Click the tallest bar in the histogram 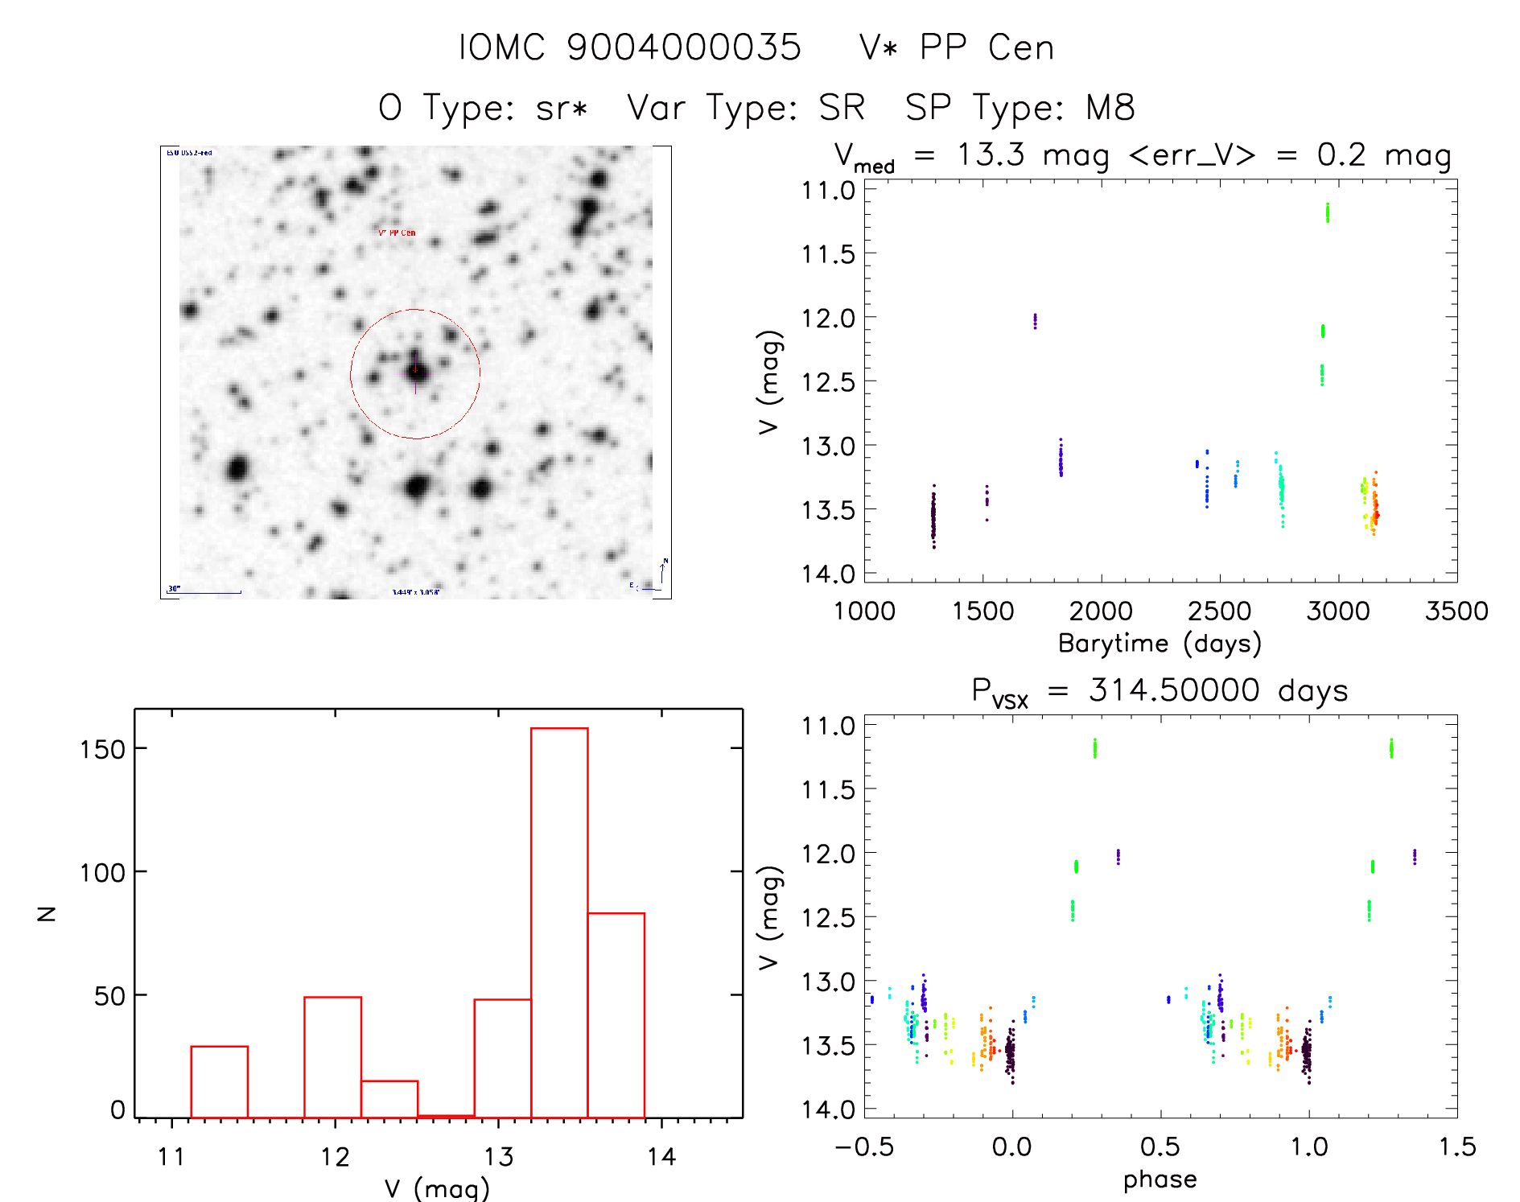pyautogui.click(x=559, y=922)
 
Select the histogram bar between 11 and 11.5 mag pyautogui.click(x=219, y=1081)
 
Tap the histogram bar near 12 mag pyautogui.click(x=332, y=1056)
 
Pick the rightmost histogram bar pyautogui.click(x=616, y=1015)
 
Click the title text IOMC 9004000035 pyautogui.click(x=629, y=47)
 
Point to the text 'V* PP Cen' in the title pyautogui.click(x=956, y=47)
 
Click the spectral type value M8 pyautogui.click(x=1110, y=108)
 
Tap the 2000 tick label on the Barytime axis pyautogui.click(x=1101, y=611)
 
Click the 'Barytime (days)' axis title pyautogui.click(x=1160, y=644)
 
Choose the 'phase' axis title pyautogui.click(x=1160, y=1179)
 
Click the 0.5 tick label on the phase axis pyautogui.click(x=1160, y=1146)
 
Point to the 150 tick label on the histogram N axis pyautogui.click(x=104, y=749)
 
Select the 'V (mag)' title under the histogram pyautogui.click(x=437, y=1188)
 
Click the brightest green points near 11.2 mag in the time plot pyautogui.click(x=1327, y=212)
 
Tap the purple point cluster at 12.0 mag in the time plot pyautogui.click(x=1035, y=321)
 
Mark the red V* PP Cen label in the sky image pyautogui.click(x=397, y=233)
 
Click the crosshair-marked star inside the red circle pyautogui.click(x=416, y=372)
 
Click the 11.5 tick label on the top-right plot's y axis pyautogui.click(x=828, y=254)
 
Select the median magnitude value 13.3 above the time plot pyautogui.click(x=991, y=154)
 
